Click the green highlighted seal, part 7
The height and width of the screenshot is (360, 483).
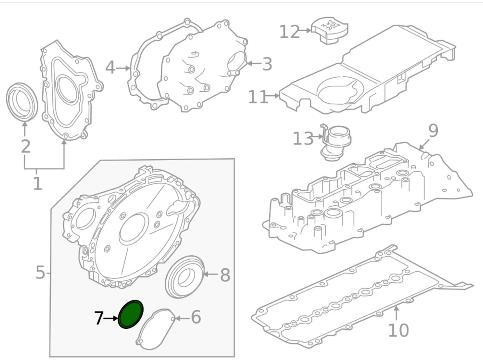(x=131, y=314)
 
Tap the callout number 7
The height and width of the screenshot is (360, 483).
(x=98, y=318)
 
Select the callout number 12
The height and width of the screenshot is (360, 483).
(x=289, y=32)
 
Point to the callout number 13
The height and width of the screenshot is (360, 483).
(x=303, y=139)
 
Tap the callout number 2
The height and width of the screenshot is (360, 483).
(x=26, y=147)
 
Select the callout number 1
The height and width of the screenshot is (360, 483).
(x=37, y=183)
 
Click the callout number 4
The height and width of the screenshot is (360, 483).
(x=110, y=68)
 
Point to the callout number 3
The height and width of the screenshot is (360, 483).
(x=267, y=64)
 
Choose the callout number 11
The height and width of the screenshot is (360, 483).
(x=258, y=97)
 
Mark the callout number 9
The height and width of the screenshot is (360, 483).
(x=433, y=131)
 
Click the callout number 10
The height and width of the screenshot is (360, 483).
(x=398, y=330)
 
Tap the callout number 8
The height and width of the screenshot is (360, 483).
(x=225, y=275)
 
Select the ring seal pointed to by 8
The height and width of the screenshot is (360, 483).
(x=185, y=276)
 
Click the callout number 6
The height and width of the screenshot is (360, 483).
(x=196, y=317)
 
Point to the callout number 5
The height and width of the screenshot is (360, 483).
(x=40, y=273)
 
